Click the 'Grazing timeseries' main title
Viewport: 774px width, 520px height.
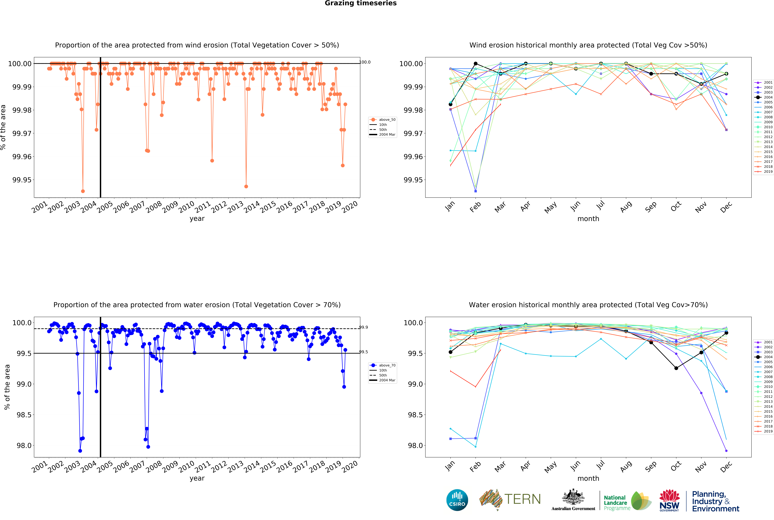point(360,3)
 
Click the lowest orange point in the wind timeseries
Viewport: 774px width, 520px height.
point(83,191)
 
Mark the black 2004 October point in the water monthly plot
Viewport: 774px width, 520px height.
point(676,368)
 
